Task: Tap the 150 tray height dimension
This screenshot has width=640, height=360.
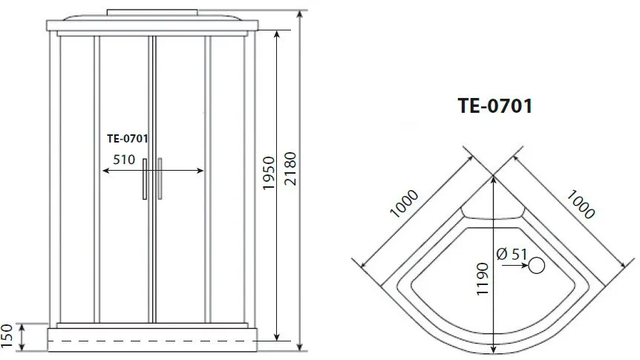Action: [7, 336]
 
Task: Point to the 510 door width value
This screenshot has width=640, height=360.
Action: [124, 159]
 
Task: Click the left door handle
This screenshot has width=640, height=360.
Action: [146, 179]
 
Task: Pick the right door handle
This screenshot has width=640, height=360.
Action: [159, 179]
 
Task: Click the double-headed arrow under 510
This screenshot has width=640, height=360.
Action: [152, 171]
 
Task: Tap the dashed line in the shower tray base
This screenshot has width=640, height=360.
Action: [152, 340]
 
